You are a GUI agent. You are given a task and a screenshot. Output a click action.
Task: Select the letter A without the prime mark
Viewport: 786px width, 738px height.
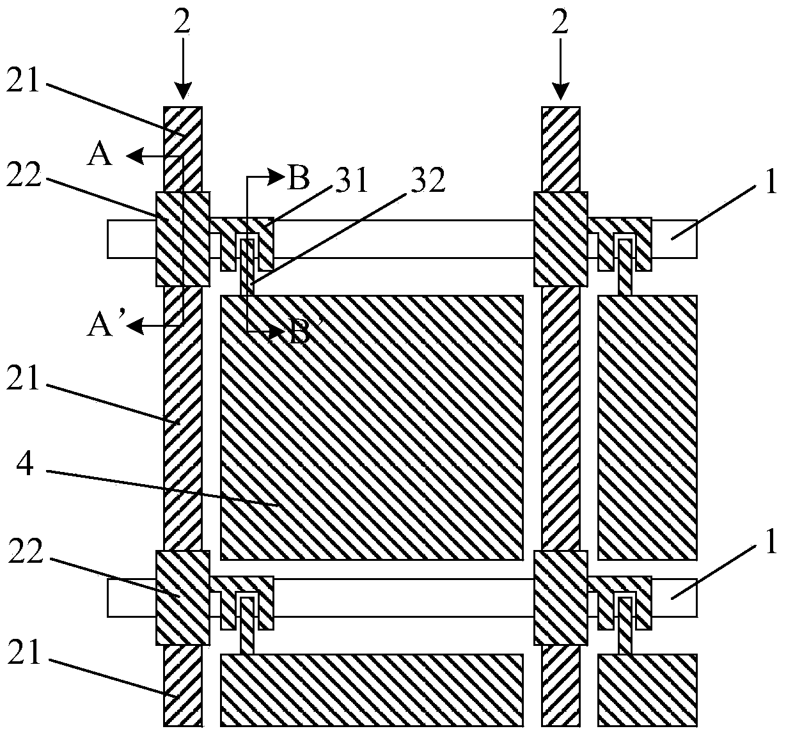pyautogui.click(x=100, y=155)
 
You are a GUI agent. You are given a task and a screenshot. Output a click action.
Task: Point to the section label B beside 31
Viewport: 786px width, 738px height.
pyautogui.click(x=299, y=178)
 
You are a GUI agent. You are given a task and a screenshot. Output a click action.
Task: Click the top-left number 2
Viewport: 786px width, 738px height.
pyautogui.click(x=182, y=22)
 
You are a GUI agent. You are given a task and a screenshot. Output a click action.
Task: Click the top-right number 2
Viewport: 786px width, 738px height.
pyautogui.click(x=560, y=22)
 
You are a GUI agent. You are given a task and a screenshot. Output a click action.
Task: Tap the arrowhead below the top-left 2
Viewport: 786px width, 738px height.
pyautogui.click(x=182, y=91)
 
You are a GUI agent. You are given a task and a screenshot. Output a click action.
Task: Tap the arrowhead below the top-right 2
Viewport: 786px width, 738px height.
pyautogui.click(x=560, y=91)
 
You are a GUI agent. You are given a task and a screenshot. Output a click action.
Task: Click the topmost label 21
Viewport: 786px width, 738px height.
pyautogui.click(x=24, y=82)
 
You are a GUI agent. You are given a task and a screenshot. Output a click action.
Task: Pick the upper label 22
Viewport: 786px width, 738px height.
pyautogui.click(x=24, y=175)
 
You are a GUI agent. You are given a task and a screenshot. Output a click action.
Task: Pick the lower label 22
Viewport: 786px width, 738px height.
pyautogui.click(x=24, y=553)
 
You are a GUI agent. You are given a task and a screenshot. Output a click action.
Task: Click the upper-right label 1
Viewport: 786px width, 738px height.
pyautogui.click(x=771, y=182)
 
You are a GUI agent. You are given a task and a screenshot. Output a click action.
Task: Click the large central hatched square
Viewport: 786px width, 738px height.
pyautogui.click(x=372, y=428)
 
